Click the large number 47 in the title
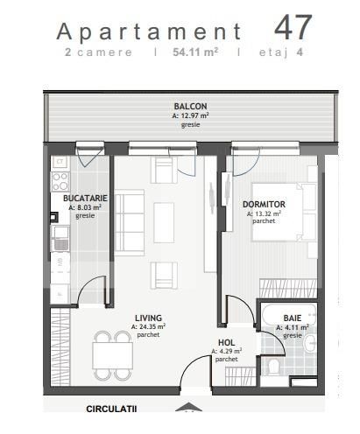click(x=293, y=26)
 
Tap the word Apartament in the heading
click(x=148, y=31)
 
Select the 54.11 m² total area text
click(x=194, y=52)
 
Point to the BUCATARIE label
click(x=85, y=199)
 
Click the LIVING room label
click(x=148, y=318)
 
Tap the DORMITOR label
click(x=264, y=204)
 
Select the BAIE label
click(x=292, y=318)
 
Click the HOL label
click(x=226, y=343)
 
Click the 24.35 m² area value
click(x=149, y=326)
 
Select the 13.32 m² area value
click(x=264, y=213)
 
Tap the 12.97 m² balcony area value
click(x=190, y=116)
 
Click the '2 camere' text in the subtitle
click(x=99, y=52)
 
